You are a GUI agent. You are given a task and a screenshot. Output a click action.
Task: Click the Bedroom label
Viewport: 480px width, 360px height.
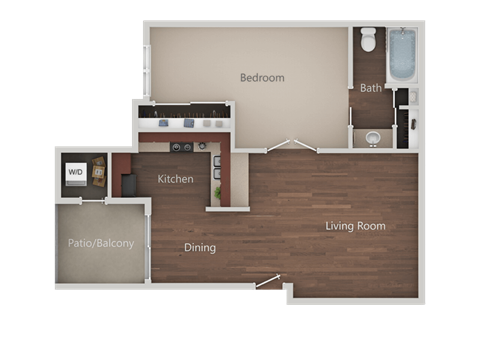click(x=263, y=78)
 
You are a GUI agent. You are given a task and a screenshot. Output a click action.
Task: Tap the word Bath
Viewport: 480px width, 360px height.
click(x=371, y=88)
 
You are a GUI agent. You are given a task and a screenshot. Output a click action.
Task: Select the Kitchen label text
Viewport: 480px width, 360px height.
click(x=176, y=179)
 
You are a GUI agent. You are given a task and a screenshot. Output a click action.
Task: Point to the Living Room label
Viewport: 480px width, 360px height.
click(x=355, y=226)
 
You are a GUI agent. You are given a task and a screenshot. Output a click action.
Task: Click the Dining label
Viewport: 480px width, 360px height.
click(x=200, y=247)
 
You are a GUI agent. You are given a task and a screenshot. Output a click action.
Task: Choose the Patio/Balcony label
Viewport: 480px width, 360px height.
click(x=100, y=243)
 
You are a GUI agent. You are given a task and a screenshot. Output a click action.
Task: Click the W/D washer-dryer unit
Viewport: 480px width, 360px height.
click(x=76, y=172)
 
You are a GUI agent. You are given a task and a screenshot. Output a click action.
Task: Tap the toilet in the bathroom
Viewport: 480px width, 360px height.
click(x=368, y=41)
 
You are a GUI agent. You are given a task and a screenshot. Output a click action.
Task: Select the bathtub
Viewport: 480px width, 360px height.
click(x=401, y=56)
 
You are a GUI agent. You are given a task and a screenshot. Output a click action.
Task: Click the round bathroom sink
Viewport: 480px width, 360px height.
click(x=373, y=138)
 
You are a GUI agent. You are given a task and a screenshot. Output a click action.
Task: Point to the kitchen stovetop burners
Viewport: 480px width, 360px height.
click(x=181, y=147)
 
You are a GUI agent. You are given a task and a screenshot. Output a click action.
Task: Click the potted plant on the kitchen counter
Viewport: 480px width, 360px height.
click(x=218, y=190)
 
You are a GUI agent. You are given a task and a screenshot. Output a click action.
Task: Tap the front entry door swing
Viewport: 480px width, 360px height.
click(x=268, y=284)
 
